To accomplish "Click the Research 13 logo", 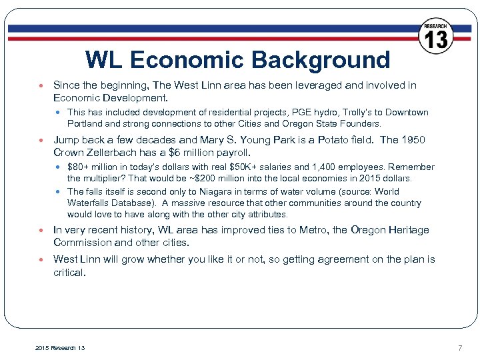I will pyautogui.click(x=436, y=37).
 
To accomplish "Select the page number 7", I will pyautogui.click(x=459, y=348).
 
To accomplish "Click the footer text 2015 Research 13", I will pyautogui.click(x=59, y=348).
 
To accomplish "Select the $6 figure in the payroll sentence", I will pyautogui.click(x=177, y=152).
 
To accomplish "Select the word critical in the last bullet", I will pyautogui.click(x=69, y=272).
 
